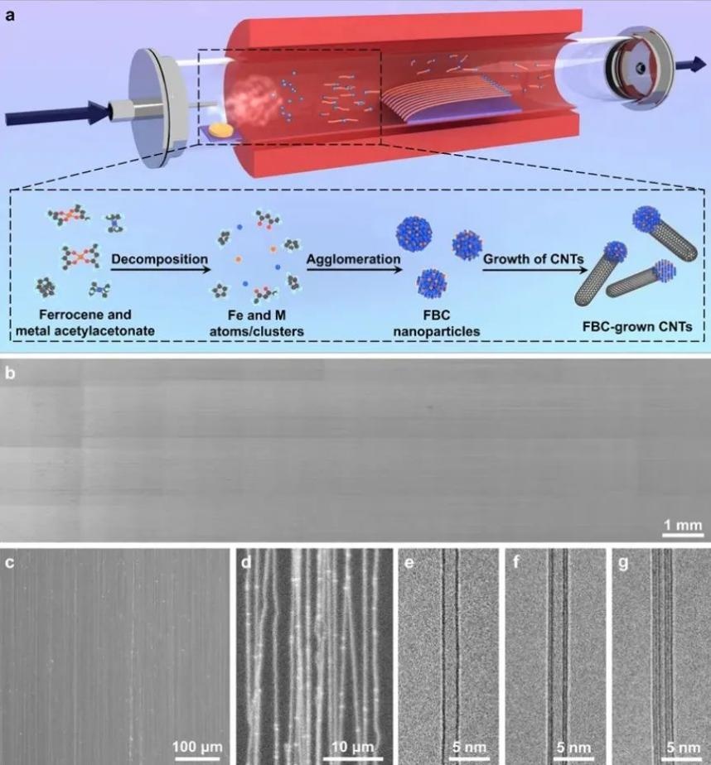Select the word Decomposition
click(160, 258)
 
